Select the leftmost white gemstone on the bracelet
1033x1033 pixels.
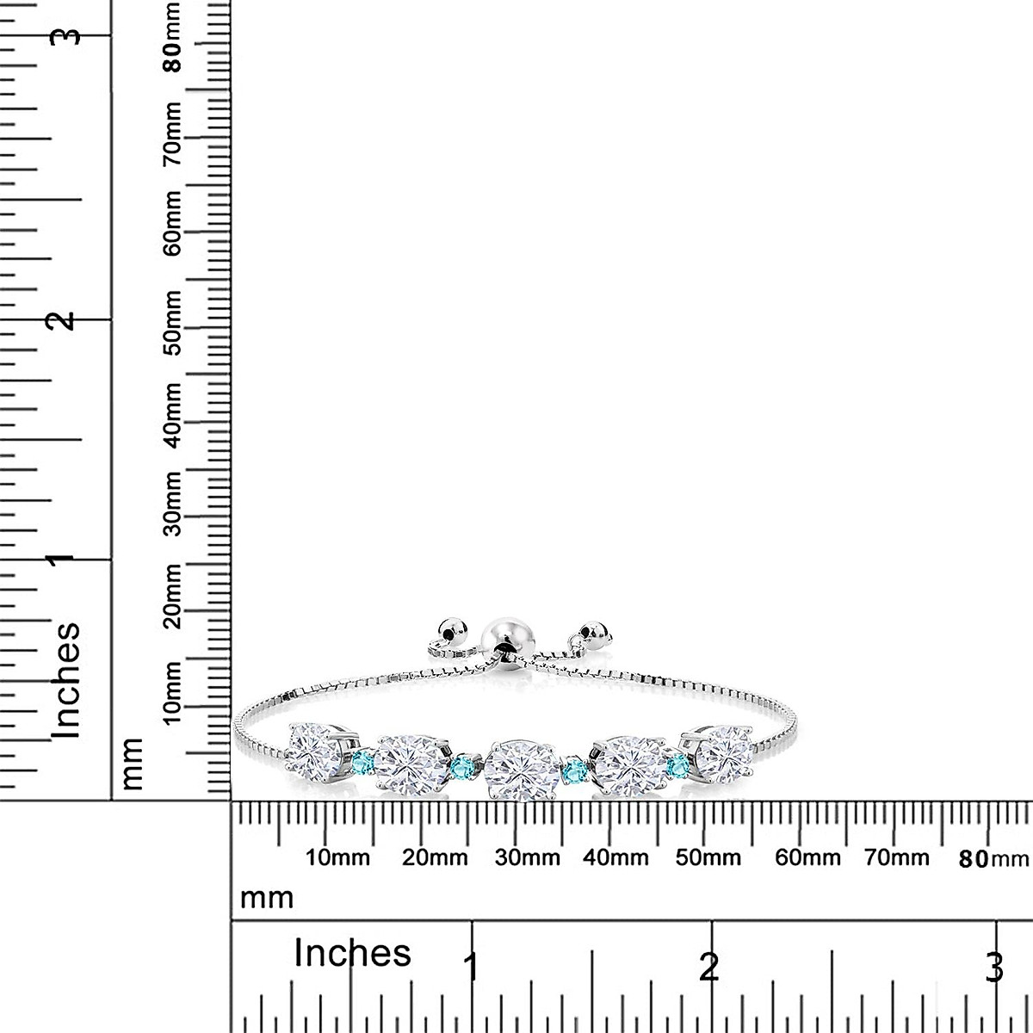point(317,748)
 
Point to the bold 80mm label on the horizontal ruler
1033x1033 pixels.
point(993,857)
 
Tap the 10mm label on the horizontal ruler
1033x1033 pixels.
point(337,857)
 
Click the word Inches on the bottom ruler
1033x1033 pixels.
point(352,953)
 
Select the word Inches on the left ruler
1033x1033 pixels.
point(66,680)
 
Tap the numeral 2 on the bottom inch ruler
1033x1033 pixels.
point(708,968)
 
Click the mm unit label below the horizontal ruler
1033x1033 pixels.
point(267,898)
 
